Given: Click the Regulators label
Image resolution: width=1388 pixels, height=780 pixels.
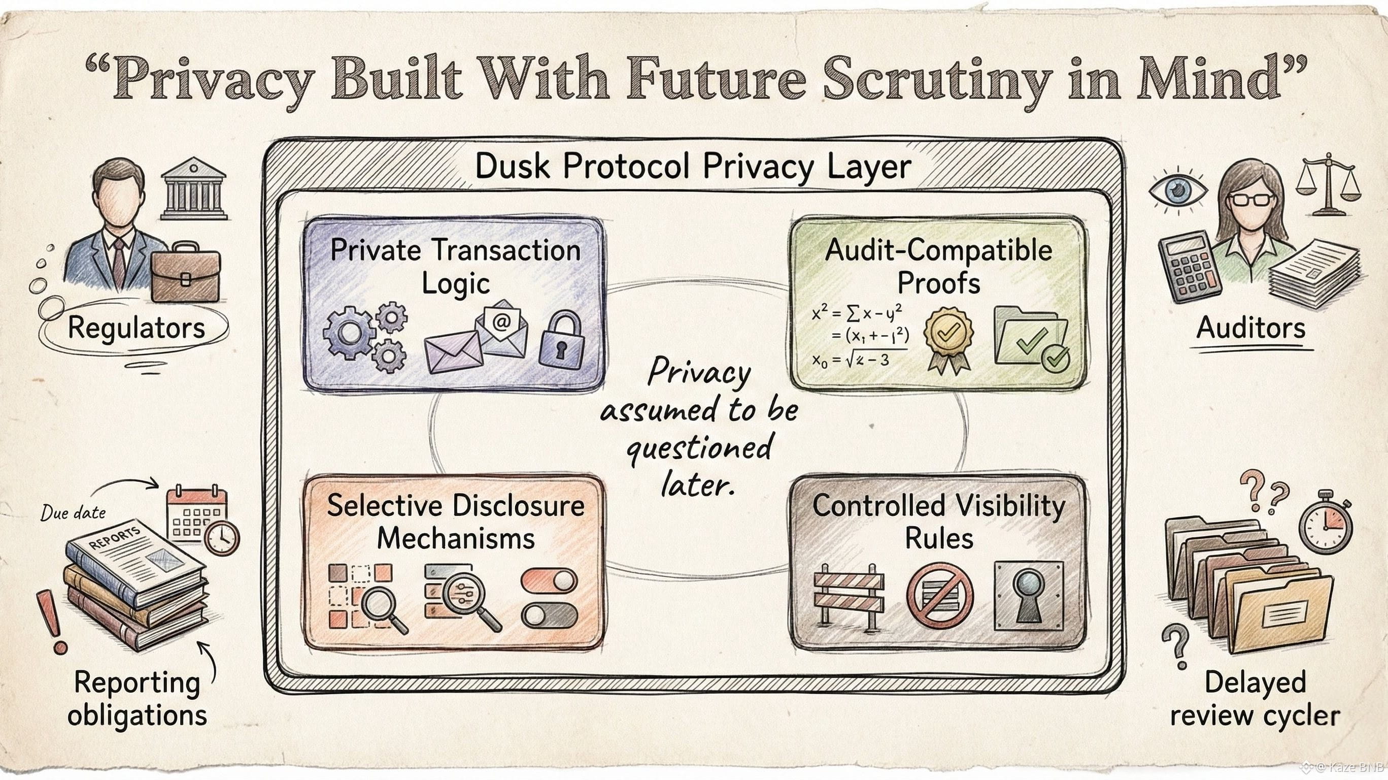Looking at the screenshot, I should coord(137,328).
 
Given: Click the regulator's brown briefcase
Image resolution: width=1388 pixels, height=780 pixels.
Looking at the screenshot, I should coord(185,272).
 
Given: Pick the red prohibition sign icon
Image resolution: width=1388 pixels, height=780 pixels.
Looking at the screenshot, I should coord(940,596).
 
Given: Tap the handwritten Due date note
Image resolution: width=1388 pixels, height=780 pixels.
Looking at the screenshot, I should coord(73,512).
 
